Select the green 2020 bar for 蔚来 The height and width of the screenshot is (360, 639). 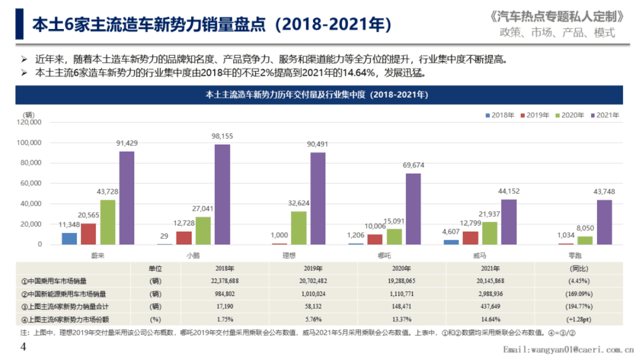(x=108, y=222)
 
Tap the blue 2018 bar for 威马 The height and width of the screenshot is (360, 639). (x=452, y=242)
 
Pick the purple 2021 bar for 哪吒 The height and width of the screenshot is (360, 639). (x=413, y=209)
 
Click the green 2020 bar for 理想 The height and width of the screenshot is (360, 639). (x=299, y=228)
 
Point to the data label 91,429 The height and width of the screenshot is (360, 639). (x=127, y=143)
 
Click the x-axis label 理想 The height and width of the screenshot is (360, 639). (x=289, y=256)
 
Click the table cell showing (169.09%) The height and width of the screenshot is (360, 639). (x=578, y=294)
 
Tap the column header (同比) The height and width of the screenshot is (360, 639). (x=578, y=268)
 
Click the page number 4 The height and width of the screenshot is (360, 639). (x=23, y=347)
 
